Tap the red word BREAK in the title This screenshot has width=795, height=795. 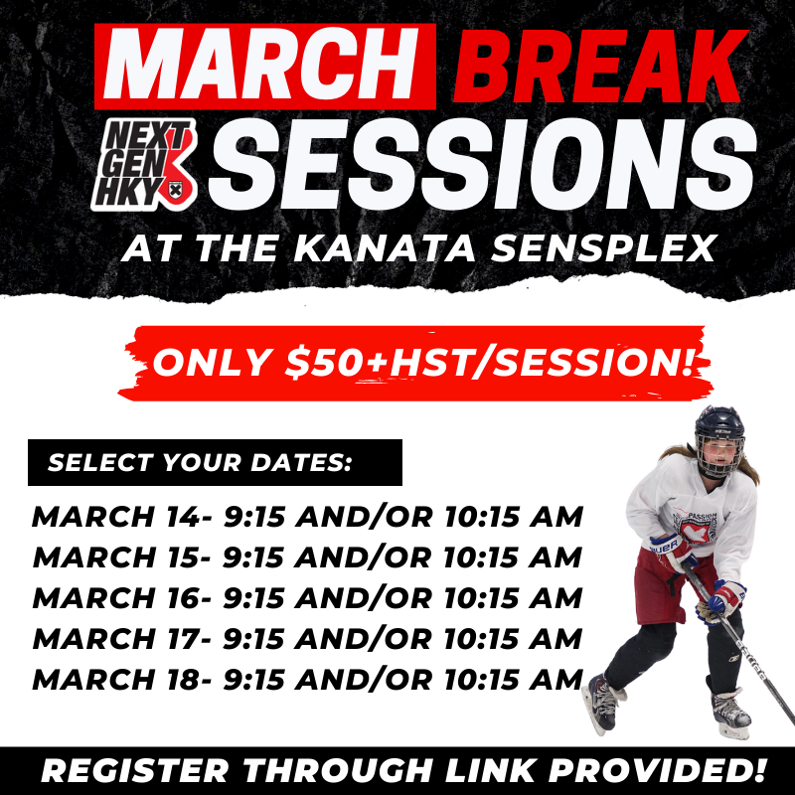coord(600,66)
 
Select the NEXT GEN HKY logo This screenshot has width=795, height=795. coord(143,165)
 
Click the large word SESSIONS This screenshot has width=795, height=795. coord(483,165)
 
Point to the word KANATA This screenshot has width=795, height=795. coord(384,248)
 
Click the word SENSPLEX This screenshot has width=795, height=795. coord(603,248)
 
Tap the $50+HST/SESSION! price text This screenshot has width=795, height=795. coord(489,363)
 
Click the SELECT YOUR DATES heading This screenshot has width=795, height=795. coord(200,462)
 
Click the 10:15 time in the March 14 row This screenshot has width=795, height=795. coord(483,517)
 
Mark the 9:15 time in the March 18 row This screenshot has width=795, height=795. coord(253,680)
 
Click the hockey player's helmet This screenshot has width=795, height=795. coord(718,440)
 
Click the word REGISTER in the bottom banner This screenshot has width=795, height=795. coord(135,771)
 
